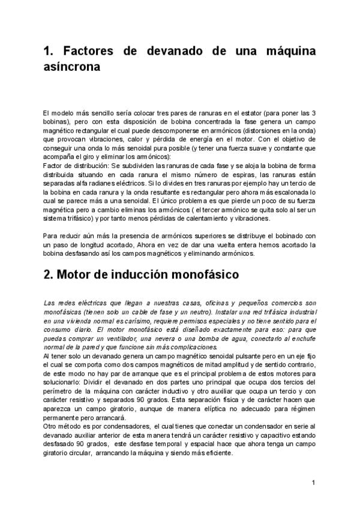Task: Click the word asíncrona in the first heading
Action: tap(71, 68)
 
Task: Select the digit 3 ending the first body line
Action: tap(314, 113)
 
